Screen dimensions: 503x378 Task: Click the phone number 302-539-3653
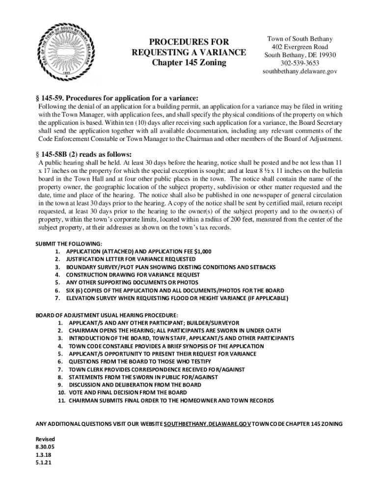tap(299, 63)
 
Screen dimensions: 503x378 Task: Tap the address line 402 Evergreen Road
tap(299, 47)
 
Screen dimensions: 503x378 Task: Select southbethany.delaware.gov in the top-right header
tap(299, 71)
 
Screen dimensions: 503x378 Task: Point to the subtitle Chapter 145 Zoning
tap(189, 63)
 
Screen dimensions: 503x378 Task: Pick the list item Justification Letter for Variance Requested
tap(131, 259)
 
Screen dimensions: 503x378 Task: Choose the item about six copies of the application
tap(175, 290)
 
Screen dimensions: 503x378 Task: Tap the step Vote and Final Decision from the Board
tap(127, 392)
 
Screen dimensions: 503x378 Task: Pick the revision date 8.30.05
tap(43, 447)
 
